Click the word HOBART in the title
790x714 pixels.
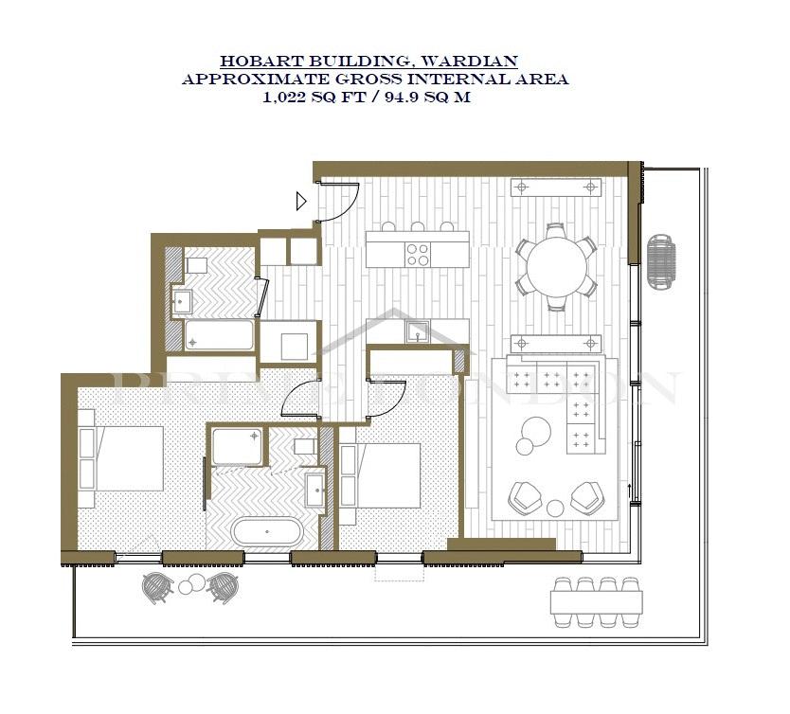pyautogui.click(x=262, y=62)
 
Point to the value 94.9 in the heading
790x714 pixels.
pyautogui.click(x=402, y=98)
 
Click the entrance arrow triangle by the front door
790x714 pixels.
pyautogui.click(x=301, y=202)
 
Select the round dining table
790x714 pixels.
pyautogui.click(x=557, y=266)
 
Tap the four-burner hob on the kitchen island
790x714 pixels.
pyautogui.click(x=418, y=255)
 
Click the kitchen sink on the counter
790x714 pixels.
pyautogui.click(x=418, y=331)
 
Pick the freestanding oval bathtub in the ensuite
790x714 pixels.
pyautogui.click(x=267, y=531)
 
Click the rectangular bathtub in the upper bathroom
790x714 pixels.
pyautogui.click(x=219, y=335)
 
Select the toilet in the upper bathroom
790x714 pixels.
pyautogui.click(x=196, y=265)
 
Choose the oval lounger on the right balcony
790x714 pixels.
pyautogui.click(x=661, y=262)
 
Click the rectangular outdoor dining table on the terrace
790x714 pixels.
pyautogui.click(x=597, y=602)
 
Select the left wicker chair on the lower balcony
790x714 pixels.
pyautogui.click(x=157, y=586)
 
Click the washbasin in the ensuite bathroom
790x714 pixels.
pyautogui.click(x=315, y=490)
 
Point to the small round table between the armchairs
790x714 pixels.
pyautogui.click(x=556, y=509)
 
